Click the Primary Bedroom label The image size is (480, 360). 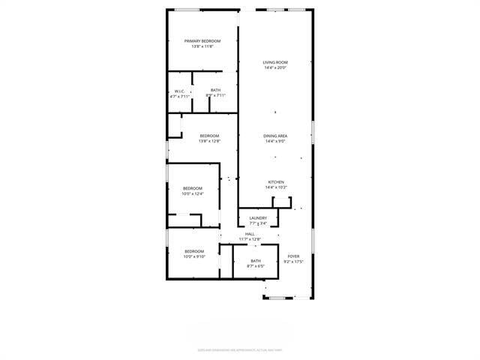(202, 40)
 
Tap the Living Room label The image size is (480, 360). (275, 62)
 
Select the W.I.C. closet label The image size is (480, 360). (180, 91)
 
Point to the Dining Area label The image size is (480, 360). (275, 136)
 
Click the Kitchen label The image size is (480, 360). (275, 182)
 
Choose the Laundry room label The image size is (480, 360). (258, 218)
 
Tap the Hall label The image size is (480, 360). (250, 234)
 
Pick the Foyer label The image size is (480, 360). (292, 256)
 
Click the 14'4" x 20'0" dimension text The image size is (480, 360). (275, 68)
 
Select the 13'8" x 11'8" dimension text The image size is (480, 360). (202, 46)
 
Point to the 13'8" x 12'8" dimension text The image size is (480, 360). (209, 141)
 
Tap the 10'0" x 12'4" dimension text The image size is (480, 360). (193, 194)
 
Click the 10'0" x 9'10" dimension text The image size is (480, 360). (194, 256)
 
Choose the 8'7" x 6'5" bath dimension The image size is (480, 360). (256, 266)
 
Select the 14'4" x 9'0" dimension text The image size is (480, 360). (275, 142)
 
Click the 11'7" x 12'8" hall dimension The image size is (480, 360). (250, 239)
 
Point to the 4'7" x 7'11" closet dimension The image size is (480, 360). (180, 97)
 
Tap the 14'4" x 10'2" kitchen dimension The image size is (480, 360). (275, 188)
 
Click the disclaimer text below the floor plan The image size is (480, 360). (239, 349)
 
